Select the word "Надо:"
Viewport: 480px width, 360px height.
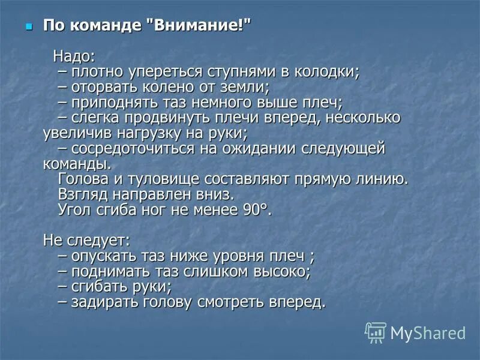(x=74, y=57)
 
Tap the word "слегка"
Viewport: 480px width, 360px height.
(x=95, y=118)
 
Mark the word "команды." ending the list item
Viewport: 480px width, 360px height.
(x=77, y=163)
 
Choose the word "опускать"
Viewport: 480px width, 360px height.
(x=102, y=256)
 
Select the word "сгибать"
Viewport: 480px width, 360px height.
(x=97, y=286)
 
